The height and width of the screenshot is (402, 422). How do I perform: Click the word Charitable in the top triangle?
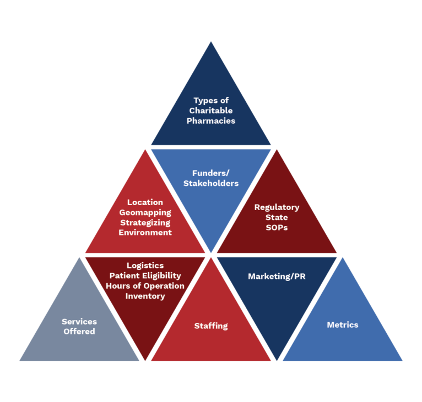pyautogui.click(x=211, y=111)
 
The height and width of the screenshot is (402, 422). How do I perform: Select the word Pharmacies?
pyautogui.click(x=211, y=120)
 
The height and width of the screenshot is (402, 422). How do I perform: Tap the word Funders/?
pyautogui.click(x=211, y=173)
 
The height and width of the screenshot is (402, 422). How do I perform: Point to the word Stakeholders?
pyautogui.click(x=211, y=183)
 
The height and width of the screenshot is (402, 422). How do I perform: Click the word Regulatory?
pyautogui.click(x=277, y=207)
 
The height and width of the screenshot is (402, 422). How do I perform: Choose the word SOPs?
pyautogui.click(x=277, y=227)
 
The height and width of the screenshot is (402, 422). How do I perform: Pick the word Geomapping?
pyautogui.click(x=145, y=212)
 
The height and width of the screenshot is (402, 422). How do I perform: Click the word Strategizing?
pyautogui.click(x=145, y=222)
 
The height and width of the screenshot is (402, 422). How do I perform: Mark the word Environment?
pyautogui.click(x=145, y=232)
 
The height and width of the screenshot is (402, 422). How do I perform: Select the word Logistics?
pyautogui.click(x=145, y=266)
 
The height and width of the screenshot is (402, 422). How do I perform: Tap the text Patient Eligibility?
pyautogui.click(x=145, y=276)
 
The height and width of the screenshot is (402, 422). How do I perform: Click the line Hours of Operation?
pyautogui.click(x=145, y=286)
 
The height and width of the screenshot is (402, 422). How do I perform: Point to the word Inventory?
pyautogui.click(x=145, y=296)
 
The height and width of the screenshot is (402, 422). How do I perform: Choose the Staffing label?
pyautogui.click(x=211, y=326)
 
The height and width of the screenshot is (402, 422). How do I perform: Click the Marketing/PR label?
pyautogui.click(x=277, y=276)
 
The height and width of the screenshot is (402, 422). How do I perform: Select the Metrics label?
pyautogui.click(x=343, y=324)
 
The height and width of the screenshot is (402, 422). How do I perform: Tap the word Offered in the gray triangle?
pyautogui.click(x=79, y=331)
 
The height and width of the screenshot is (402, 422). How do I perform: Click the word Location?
pyautogui.click(x=145, y=202)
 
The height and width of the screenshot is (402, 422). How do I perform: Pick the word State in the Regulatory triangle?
pyautogui.click(x=277, y=217)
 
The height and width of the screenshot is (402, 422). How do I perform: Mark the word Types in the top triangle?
pyautogui.click(x=204, y=101)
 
